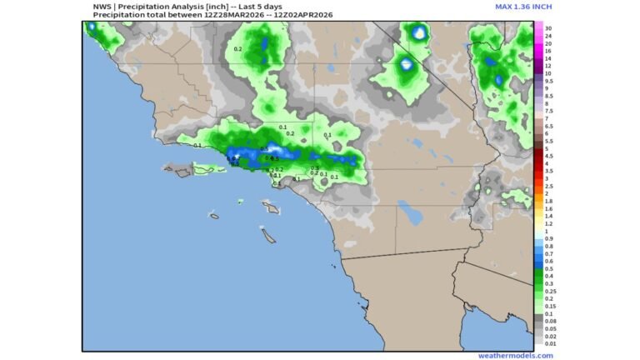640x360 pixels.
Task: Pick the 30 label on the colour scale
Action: coord(548,28)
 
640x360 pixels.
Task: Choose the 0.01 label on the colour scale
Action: coord(550,343)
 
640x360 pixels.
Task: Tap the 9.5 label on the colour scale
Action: coord(548,81)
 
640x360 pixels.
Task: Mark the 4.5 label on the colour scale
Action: coord(548,156)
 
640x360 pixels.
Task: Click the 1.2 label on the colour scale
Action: coord(548,223)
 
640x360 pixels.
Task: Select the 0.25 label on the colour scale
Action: coord(550,291)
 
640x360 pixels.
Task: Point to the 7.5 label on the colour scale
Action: coord(548,111)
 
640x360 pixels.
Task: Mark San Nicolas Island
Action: coord(214,216)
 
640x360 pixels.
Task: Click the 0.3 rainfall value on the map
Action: coord(315,168)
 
